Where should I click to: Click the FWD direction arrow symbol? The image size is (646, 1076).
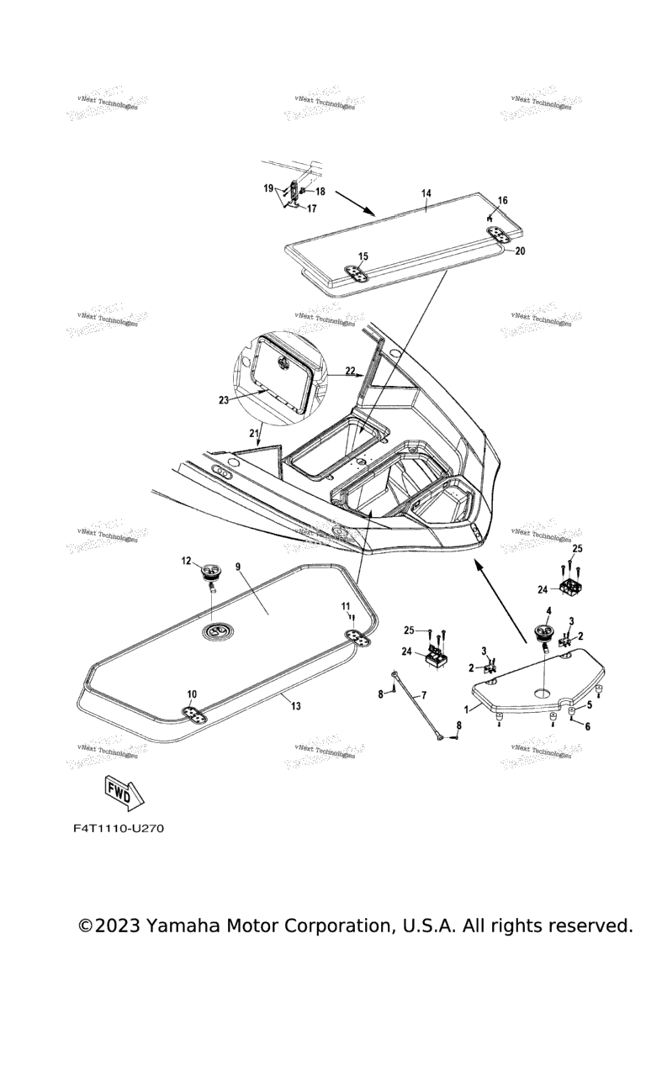pos(123,791)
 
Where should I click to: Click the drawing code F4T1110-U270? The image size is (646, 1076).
pos(118,829)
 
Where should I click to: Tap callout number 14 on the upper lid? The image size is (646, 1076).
pos(426,193)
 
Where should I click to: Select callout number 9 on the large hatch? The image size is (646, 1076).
pos(238,567)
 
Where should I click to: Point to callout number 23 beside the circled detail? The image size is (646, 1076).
pos(224,401)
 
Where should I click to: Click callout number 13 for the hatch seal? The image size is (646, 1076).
pos(296,707)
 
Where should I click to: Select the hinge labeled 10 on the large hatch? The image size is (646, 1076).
pos(196,714)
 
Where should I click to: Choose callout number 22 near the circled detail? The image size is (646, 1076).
pos(350,370)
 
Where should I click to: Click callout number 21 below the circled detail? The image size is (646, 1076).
pos(254,432)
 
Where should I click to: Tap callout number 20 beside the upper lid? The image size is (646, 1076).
pos(520,251)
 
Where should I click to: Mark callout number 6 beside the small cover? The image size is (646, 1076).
pos(587,726)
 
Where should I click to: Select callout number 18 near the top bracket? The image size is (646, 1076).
pos(320,192)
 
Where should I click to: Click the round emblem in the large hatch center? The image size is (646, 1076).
pos(218,631)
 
